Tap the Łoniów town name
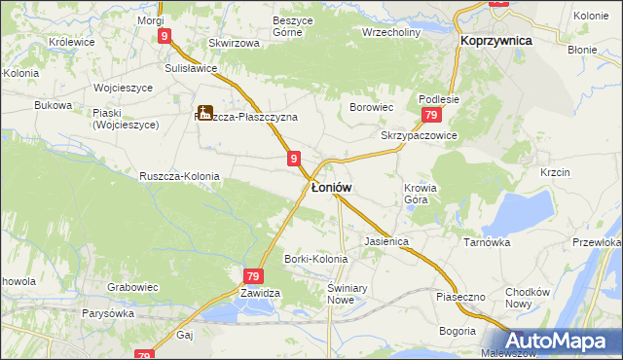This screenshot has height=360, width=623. point(331,186)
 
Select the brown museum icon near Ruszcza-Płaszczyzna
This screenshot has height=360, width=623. point(204,113)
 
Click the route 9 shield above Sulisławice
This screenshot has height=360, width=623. point(165,36)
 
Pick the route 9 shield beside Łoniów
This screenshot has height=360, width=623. point(294,158)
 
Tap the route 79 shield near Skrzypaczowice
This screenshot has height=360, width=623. point(429,115)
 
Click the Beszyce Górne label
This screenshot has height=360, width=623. point(271,25)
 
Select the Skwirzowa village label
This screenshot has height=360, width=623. point(234,43)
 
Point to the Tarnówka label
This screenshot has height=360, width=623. point(487,242)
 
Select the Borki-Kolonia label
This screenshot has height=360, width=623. point(315,259)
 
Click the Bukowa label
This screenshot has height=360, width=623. point(53,104)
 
